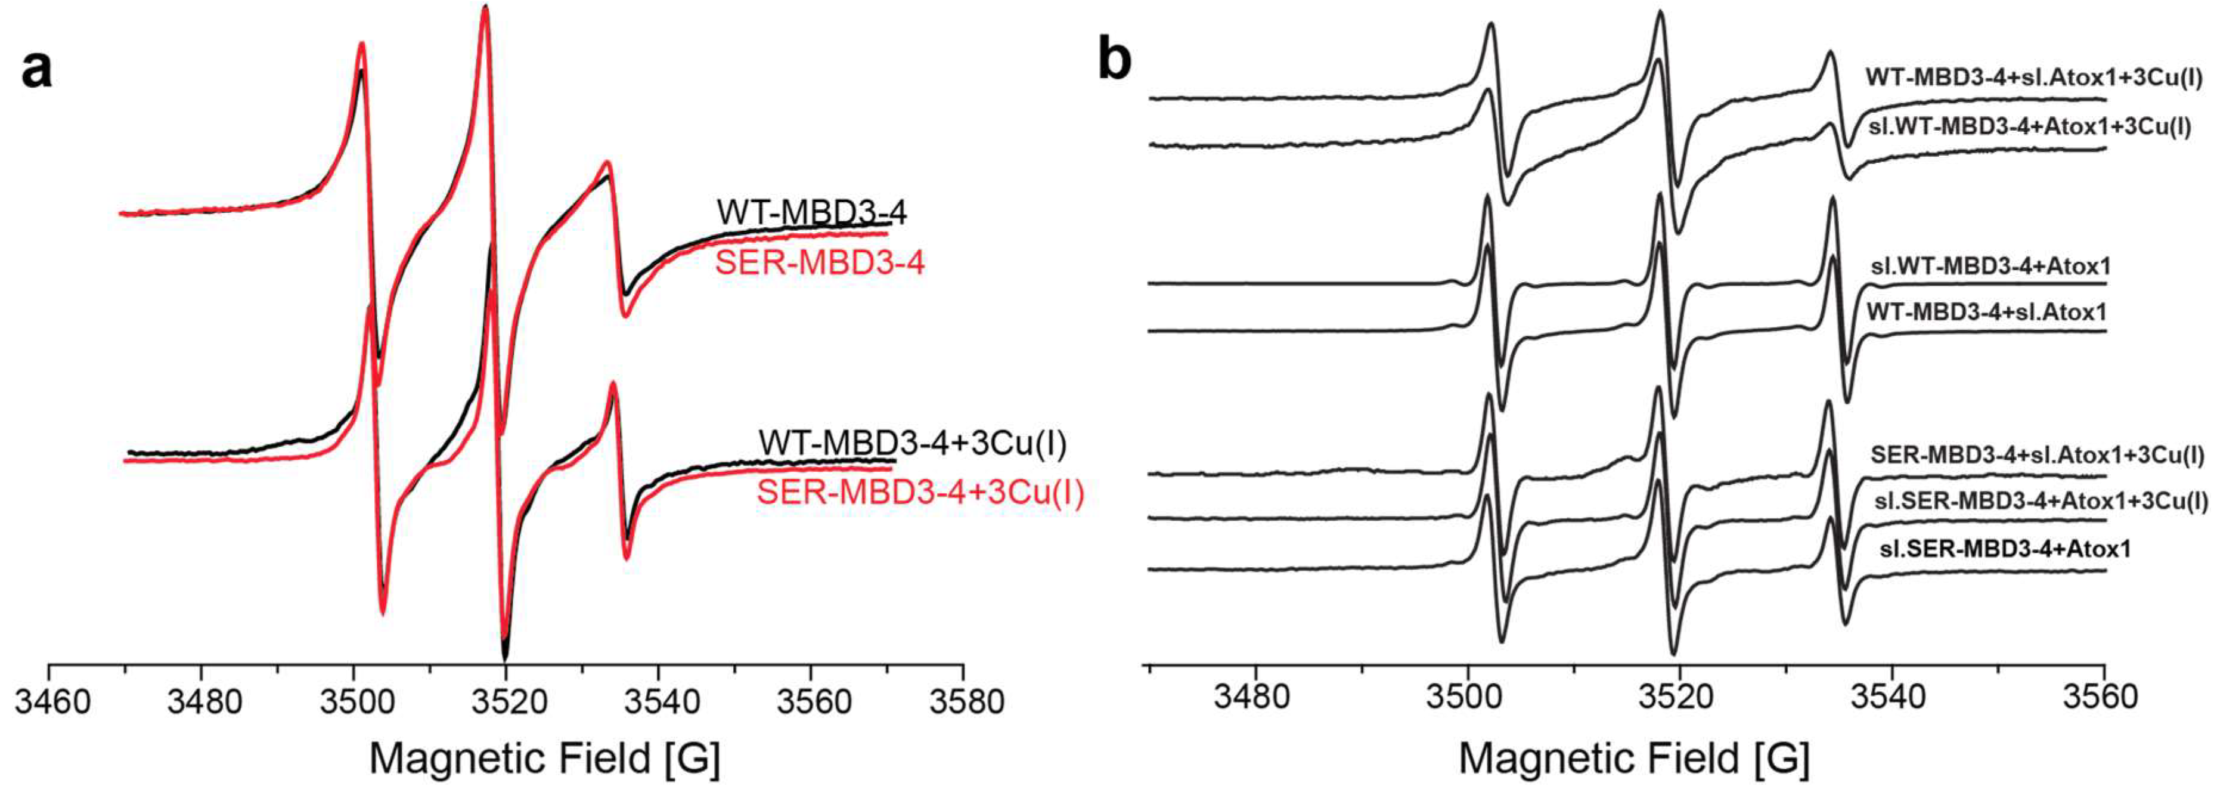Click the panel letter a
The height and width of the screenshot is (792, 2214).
[x=36, y=69]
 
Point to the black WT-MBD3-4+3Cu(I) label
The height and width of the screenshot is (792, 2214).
[x=912, y=444]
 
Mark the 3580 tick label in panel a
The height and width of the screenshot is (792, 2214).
[x=965, y=702]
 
